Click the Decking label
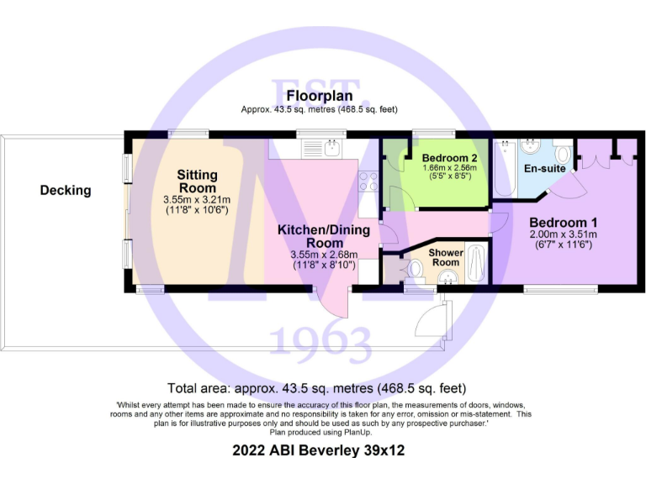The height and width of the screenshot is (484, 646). pos(66,191)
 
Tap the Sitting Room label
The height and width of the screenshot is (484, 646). pos(197,181)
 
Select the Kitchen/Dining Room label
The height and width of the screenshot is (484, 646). pos(318,236)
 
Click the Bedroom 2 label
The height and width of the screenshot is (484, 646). pos(450,158)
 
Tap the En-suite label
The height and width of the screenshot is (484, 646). pos(543,169)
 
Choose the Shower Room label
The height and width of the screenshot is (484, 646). pos(445,257)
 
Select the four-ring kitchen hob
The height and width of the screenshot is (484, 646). pos(368,181)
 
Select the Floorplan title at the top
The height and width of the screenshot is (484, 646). pos(319,96)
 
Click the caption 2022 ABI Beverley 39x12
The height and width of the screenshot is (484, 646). pos(319,450)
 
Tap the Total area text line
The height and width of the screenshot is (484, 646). pos(317,388)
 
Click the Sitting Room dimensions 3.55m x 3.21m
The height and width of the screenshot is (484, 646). pos(197,200)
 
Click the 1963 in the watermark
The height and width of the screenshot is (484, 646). pos(320,343)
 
